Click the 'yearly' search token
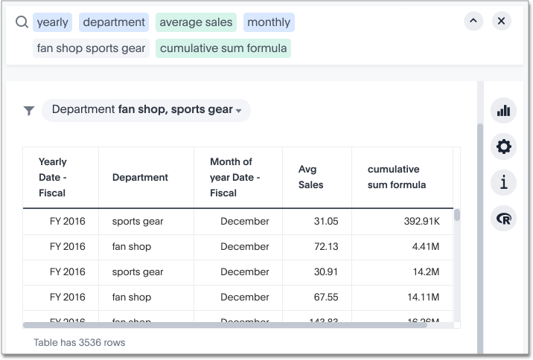pos(52,22)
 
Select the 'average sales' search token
pos(196,22)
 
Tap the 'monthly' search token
pos(269,22)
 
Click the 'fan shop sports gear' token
pos(92,48)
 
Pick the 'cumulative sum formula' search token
pos(223,48)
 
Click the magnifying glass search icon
pos(22,22)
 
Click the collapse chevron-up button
pos(473,22)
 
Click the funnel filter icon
pos(28,111)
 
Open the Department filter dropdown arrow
pos(239,111)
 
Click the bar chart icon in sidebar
pos(504,111)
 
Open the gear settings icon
pos(504,147)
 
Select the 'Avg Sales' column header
pos(310,177)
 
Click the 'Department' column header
pos(140,177)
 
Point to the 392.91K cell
pos(421,221)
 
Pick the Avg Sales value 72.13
pos(326,246)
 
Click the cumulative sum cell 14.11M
pos(421,297)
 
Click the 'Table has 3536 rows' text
pos(80,343)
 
